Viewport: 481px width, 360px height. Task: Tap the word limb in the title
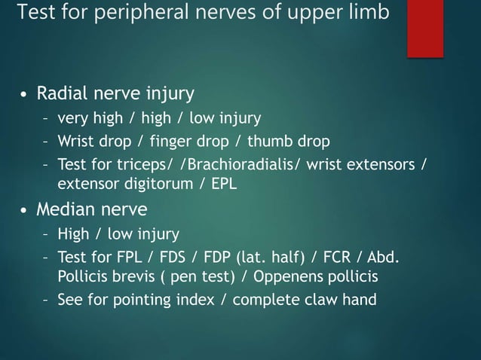(x=369, y=14)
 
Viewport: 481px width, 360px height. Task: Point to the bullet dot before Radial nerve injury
(x=25, y=96)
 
